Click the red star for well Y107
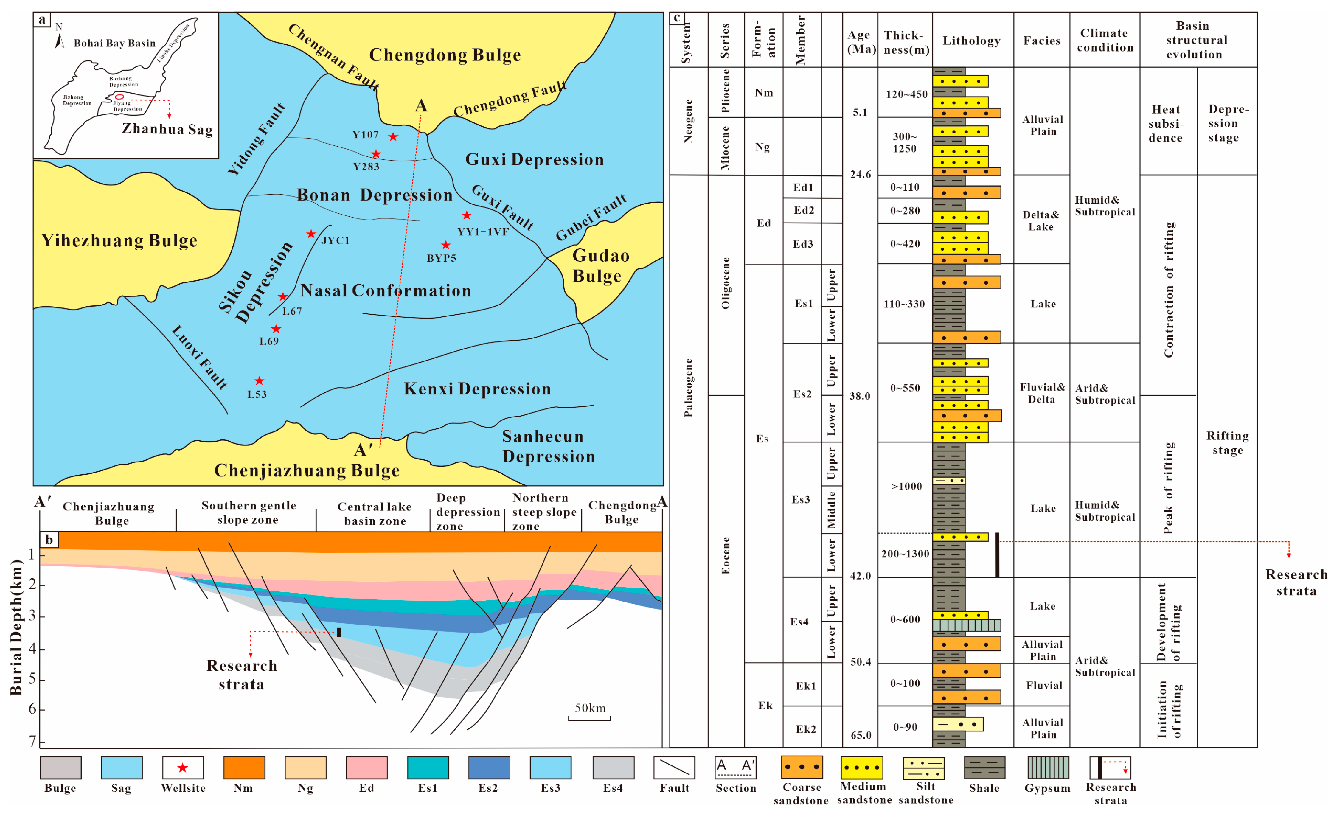[x=393, y=137]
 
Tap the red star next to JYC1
[x=311, y=234]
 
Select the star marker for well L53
[x=259, y=381]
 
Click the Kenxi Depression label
[x=478, y=389]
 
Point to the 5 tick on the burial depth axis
[x=32, y=679]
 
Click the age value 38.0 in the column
[x=859, y=396]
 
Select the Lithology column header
[x=971, y=41]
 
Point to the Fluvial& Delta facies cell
[x=1041, y=393]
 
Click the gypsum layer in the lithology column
[x=966, y=625]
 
